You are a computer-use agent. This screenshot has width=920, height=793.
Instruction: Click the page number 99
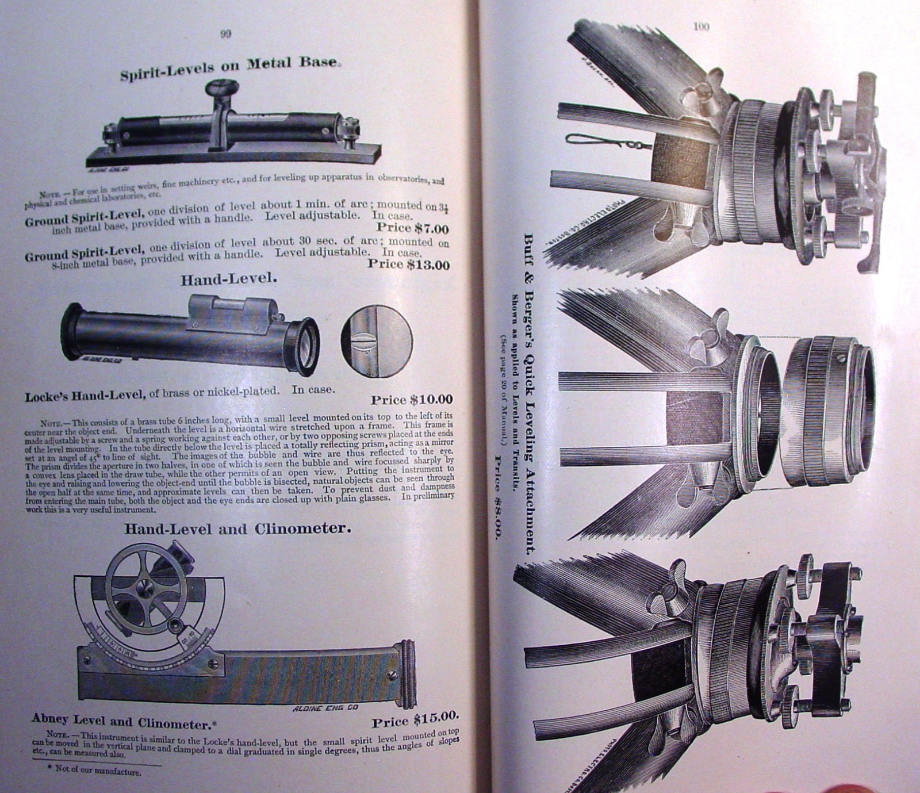(x=225, y=34)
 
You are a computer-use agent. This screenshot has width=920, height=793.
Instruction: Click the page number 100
(x=701, y=26)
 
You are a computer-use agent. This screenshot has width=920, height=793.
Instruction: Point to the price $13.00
(x=409, y=264)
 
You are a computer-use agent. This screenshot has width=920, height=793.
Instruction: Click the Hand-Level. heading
(x=229, y=280)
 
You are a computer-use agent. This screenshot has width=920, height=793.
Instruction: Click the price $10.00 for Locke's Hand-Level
(x=412, y=399)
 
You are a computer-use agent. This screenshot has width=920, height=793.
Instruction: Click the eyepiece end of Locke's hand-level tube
(x=303, y=346)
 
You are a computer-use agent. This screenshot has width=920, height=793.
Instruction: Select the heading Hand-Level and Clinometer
(x=237, y=528)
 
